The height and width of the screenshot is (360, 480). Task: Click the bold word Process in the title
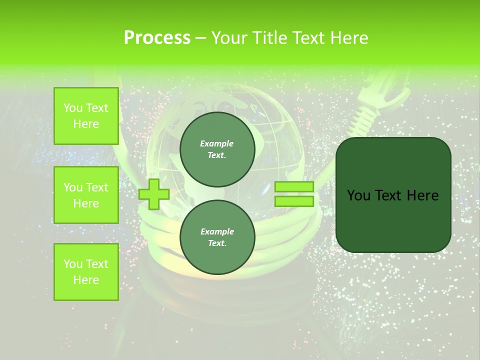point(157,38)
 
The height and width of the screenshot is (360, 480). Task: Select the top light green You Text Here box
point(86,116)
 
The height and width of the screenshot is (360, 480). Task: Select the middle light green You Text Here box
point(86,195)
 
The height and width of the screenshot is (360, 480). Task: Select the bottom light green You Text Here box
point(86,272)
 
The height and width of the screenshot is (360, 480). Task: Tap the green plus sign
point(154,194)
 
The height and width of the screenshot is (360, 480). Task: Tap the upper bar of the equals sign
point(294,187)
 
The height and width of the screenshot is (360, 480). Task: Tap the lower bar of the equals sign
point(294,201)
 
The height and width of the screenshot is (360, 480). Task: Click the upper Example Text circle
point(217,149)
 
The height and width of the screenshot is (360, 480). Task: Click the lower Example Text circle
point(217,237)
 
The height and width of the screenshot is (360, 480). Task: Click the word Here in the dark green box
point(422,195)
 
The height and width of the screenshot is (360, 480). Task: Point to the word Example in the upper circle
point(217,143)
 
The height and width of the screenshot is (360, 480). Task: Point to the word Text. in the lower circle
point(217,243)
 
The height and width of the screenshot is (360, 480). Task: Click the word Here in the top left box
point(86,124)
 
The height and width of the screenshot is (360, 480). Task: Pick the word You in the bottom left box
point(73,264)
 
